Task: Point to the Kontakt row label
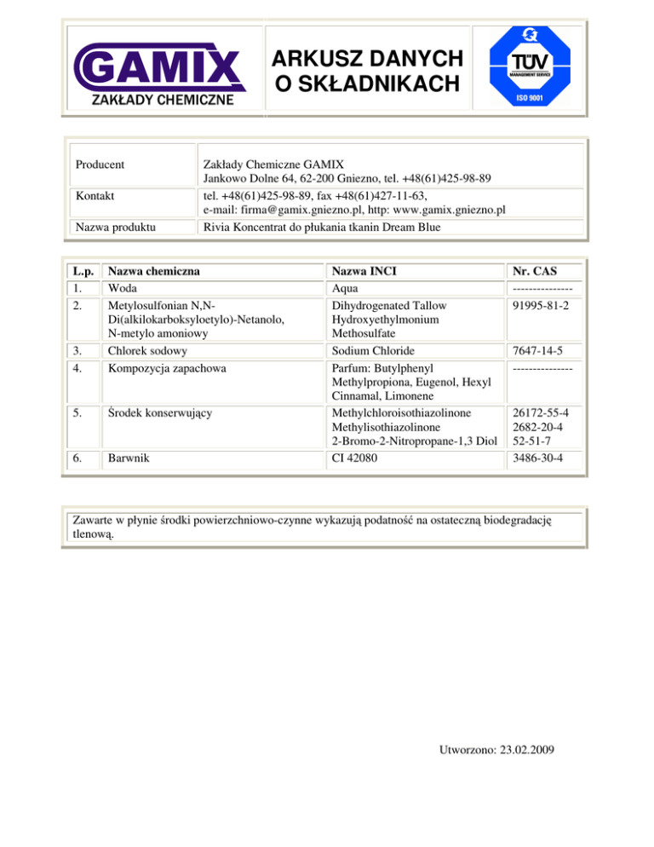coord(95,196)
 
